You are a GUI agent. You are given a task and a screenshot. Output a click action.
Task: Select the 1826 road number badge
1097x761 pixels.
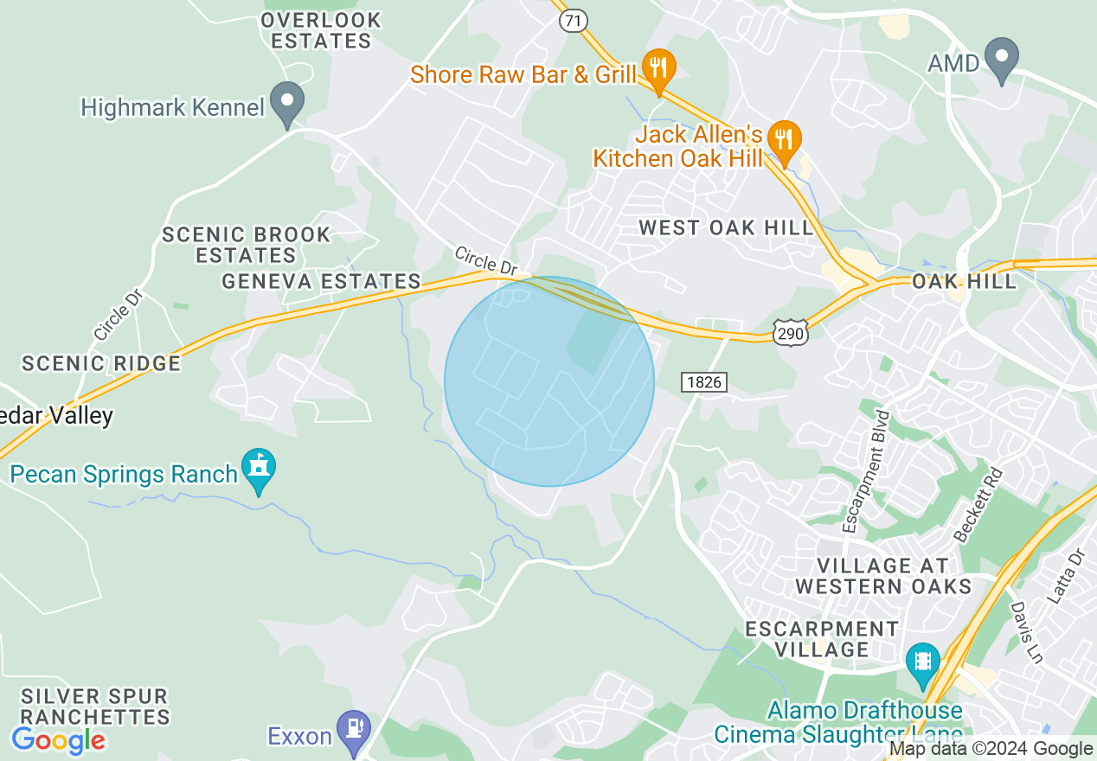coord(702,381)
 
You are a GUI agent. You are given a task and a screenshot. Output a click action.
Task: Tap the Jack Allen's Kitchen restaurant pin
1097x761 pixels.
coord(785,141)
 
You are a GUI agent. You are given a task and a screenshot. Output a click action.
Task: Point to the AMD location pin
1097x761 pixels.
coord(1002,58)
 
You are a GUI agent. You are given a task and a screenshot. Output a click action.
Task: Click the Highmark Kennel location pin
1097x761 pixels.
coord(287,102)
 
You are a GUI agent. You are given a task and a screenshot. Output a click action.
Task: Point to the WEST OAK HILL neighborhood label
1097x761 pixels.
coord(727,228)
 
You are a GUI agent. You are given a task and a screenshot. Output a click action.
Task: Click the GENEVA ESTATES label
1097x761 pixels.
coord(321,282)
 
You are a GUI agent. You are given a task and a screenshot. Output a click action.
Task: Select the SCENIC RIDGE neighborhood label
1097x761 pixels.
coord(101,363)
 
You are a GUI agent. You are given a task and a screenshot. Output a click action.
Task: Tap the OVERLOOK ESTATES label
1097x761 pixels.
coord(321,30)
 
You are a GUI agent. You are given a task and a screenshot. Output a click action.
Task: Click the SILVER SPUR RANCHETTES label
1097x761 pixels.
coord(95,707)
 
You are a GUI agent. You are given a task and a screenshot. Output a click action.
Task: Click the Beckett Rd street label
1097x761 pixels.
coord(978,505)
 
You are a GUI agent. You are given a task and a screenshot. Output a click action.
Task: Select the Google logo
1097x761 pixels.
coord(58,740)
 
